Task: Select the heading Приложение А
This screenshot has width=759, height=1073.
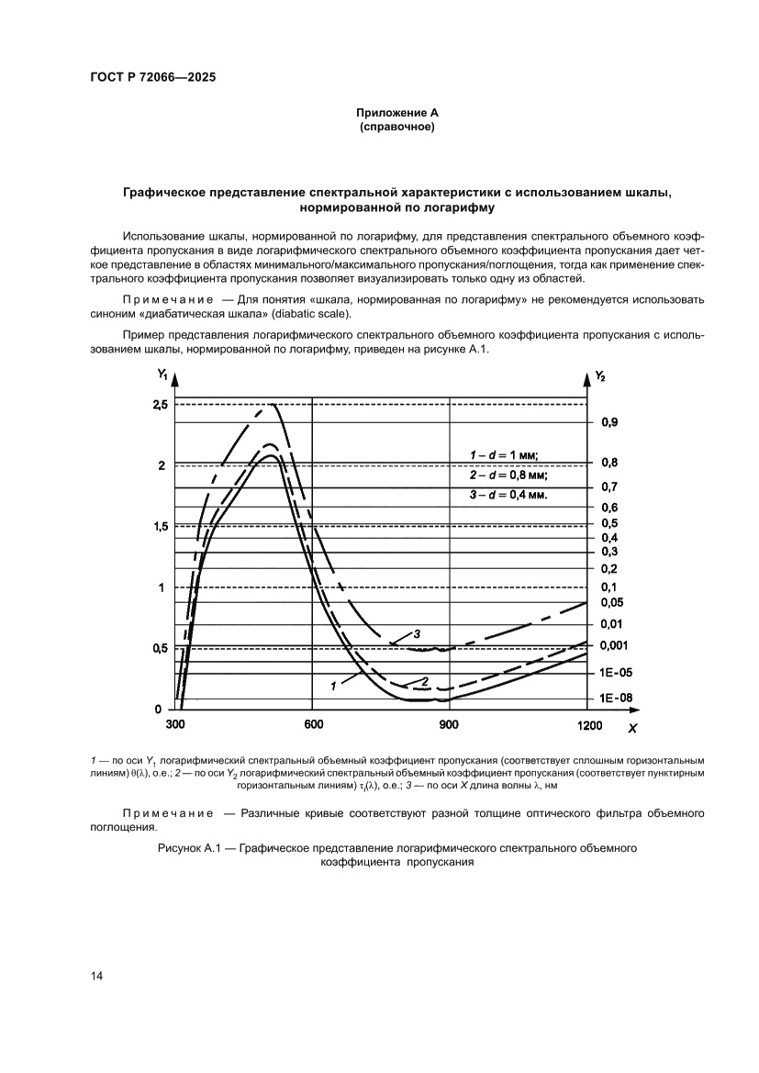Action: click(x=396, y=112)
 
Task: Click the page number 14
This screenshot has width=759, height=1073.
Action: click(x=96, y=976)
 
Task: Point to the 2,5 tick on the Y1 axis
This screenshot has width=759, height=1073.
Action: click(x=160, y=405)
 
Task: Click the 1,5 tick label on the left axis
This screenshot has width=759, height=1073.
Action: click(x=160, y=527)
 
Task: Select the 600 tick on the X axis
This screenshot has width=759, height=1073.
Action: click(x=312, y=725)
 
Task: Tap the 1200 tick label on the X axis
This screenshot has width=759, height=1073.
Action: click(x=588, y=726)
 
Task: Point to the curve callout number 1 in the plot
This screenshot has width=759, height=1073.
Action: click(x=331, y=684)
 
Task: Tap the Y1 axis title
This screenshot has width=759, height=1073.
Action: click(x=162, y=374)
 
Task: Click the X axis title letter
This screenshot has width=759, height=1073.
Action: click(x=631, y=728)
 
